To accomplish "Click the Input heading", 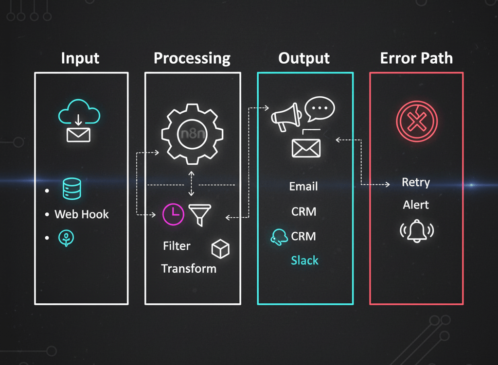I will pos(80,58).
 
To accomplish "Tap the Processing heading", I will pos(192,58).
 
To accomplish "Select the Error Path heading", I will pos(416,58).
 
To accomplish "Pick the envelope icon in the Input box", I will pos(78,134).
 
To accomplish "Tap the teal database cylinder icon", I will pos(72,189).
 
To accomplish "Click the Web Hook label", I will pos(82,214).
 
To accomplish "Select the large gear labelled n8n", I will pos(190,133).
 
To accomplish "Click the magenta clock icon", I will pos(173,214).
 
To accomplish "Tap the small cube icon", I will pos(220,249).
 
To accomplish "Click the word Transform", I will pos(189,269).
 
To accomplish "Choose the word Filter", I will pos(177,246).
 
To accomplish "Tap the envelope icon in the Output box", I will pos(306,148).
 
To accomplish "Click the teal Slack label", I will pos(304,261).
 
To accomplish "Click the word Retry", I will pos(416,183).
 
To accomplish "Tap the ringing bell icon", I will pos(417,231).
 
